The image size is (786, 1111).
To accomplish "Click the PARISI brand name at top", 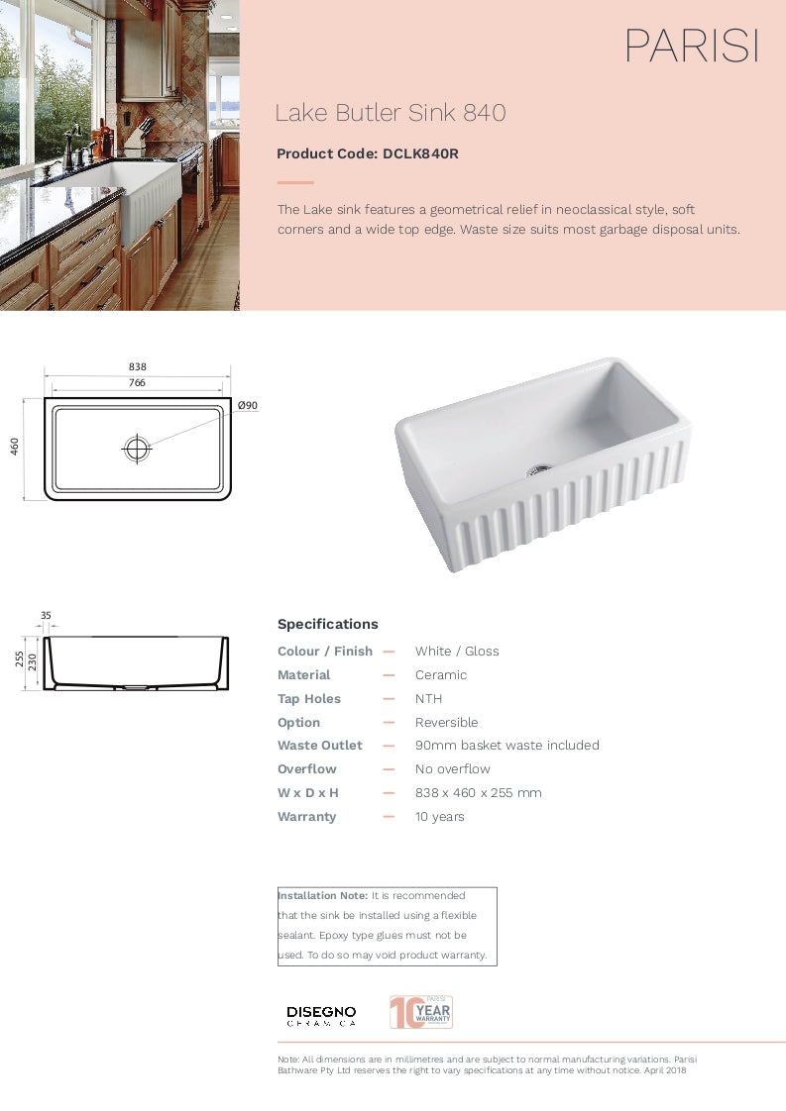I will [691, 47].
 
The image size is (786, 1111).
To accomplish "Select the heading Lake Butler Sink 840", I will [390, 113].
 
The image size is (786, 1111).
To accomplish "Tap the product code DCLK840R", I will [420, 153].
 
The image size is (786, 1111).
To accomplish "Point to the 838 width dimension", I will [137, 366].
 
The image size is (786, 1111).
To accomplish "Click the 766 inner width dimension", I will [137, 382].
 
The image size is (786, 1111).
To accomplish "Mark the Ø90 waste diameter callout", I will [248, 406].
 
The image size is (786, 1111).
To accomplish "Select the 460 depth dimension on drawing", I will [15, 448].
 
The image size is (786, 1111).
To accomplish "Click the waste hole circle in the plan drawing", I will [137, 449].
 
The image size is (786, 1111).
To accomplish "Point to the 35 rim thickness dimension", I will [46, 615].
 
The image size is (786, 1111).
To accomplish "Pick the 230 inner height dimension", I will [32, 662].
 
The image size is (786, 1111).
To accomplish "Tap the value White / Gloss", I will [457, 652].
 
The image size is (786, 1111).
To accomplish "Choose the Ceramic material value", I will [441, 675].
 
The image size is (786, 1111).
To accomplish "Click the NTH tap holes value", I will [428, 699].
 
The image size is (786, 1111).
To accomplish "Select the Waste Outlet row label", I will [319, 746].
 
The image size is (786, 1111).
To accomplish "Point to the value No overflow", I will [453, 769].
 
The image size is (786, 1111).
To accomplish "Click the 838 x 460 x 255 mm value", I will [479, 793].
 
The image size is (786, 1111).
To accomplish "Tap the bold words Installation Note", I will [322, 895].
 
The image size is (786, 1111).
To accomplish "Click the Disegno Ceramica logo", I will [321, 1015].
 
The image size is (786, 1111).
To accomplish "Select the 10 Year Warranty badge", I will [421, 1012].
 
